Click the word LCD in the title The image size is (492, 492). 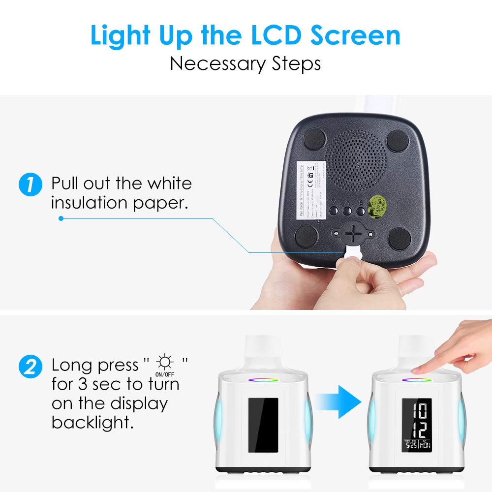pos(263,35)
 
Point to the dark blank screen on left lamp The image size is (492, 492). pos(263,425)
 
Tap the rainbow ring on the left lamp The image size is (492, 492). pos(263,379)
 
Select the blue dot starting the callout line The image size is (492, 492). pos(61,218)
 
